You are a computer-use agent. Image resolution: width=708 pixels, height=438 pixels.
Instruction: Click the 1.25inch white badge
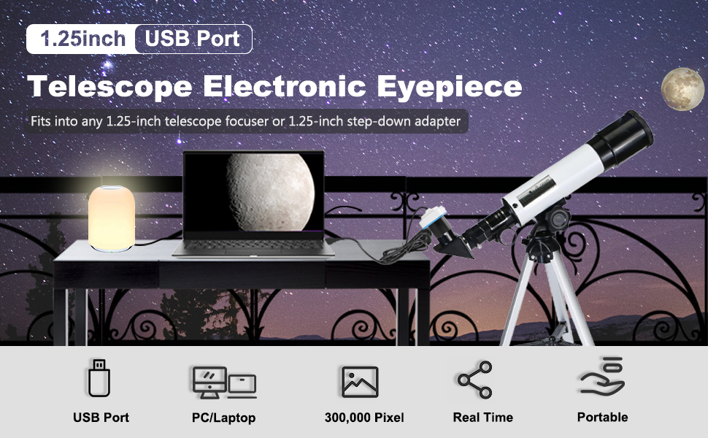pos(81,39)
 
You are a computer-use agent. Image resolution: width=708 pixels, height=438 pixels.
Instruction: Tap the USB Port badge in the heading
pos(193,39)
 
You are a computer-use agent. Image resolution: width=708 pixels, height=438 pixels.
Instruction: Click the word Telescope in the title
pos(109,86)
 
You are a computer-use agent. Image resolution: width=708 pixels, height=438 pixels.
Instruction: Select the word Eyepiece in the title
pos(450,86)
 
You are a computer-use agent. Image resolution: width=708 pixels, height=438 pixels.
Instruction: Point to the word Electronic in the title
pos(285,85)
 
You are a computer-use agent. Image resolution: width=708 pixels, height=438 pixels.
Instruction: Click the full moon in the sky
pos(682,89)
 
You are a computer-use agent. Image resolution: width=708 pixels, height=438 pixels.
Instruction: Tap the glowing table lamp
pos(112,218)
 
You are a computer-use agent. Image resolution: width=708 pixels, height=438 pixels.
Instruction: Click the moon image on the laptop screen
pos(269,193)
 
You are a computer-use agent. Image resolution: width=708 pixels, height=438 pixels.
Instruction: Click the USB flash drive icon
pos(99,378)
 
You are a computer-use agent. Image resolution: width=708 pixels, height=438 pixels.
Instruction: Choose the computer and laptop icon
pos(224,383)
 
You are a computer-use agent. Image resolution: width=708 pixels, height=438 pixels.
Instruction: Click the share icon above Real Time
pos(474,380)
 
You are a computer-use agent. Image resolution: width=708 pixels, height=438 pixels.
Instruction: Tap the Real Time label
pos(482,418)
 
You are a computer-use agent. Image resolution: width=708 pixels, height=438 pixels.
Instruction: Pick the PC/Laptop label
pos(223,418)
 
